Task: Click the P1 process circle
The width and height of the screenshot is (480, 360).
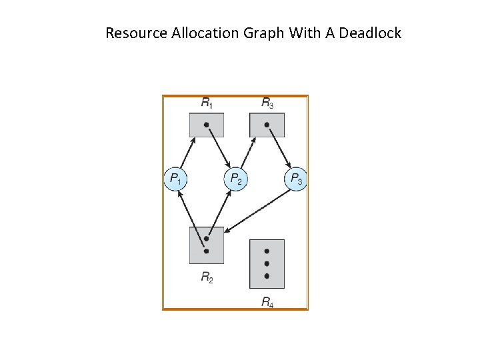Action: coord(176,179)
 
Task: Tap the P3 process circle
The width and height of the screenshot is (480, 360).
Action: coord(295,179)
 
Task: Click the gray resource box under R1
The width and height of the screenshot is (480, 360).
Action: coord(207,125)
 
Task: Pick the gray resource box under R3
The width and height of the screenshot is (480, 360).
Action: coord(267,125)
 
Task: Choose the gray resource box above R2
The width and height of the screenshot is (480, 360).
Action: coord(207,245)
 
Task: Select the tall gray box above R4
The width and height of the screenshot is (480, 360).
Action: coord(267,264)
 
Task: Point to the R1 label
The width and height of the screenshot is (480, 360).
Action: coord(207,103)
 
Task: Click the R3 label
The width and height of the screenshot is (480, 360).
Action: coord(267,103)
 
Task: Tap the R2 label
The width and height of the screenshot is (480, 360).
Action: coord(207,277)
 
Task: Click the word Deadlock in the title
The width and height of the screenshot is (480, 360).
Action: coord(370,33)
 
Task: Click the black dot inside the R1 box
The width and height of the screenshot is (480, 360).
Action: coord(207,125)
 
